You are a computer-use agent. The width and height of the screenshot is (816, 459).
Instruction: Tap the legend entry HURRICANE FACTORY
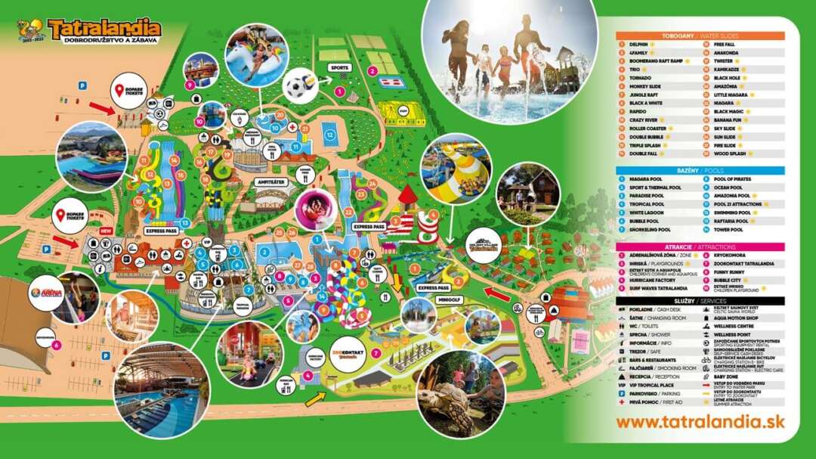point(655,280)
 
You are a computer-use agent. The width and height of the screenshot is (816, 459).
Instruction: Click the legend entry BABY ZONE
point(725,376)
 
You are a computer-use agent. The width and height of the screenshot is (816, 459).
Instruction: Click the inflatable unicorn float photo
point(255,53)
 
